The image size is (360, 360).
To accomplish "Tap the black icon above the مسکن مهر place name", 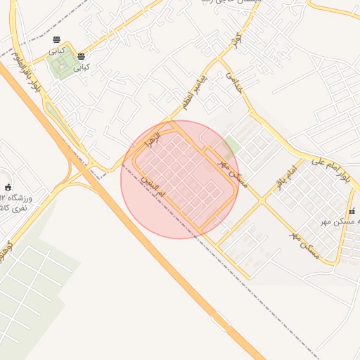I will pyautogui.click(x=352, y=212).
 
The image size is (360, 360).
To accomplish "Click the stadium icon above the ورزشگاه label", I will pyautogui.click(x=8, y=187).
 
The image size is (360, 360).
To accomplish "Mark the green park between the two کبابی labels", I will pyautogui.click(x=62, y=65).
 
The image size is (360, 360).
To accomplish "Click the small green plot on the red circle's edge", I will pyautogui.click(x=230, y=146).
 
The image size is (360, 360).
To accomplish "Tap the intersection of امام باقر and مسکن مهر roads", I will pyautogui.click(x=261, y=200).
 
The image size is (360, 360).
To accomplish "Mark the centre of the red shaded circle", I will pyautogui.click(x=180, y=179).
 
